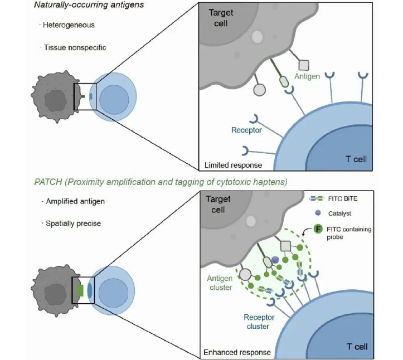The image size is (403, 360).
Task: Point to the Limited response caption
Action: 233,165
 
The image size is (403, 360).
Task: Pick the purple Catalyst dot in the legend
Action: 317,212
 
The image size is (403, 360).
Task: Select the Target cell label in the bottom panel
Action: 219,204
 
